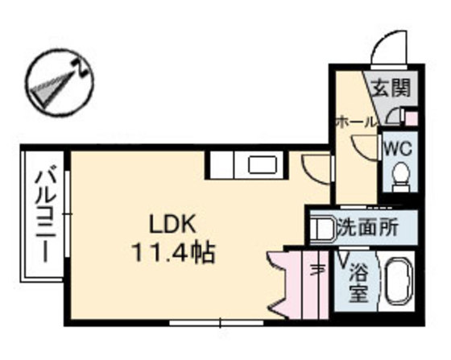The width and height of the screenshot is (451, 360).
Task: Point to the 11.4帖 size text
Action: [172, 254]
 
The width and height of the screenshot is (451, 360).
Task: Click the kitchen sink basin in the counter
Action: [263, 166]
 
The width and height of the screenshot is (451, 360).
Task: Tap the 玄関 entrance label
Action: [387, 88]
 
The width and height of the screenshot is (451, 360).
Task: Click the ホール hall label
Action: [355, 122]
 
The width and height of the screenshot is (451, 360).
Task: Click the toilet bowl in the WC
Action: [398, 174]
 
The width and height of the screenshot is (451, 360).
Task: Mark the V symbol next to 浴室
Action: [343, 260]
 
